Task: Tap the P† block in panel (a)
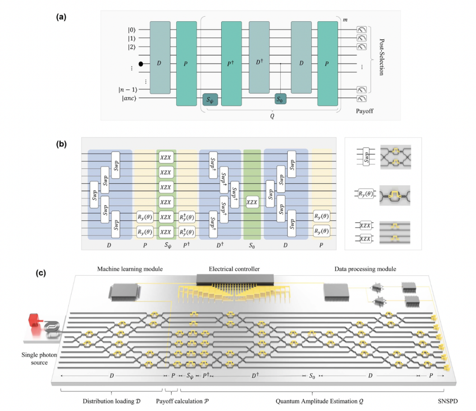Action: point(232,63)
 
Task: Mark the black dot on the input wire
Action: point(141,64)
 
